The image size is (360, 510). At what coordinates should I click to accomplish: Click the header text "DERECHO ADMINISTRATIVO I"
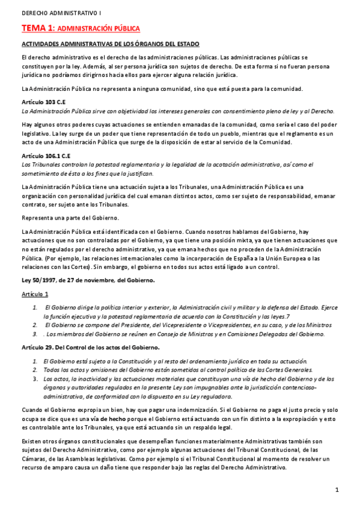(x=58, y=12)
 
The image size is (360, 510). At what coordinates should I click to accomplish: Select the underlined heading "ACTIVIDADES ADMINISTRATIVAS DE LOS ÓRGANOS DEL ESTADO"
(x=110, y=45)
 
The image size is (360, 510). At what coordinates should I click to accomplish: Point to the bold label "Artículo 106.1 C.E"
(x=46, y=156)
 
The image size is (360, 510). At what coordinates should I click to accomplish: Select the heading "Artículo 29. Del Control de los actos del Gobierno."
(x=90, y=348)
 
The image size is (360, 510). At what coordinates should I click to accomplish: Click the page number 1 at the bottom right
(x=337, y=490)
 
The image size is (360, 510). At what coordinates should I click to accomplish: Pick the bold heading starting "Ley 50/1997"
(x=88, y=280)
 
